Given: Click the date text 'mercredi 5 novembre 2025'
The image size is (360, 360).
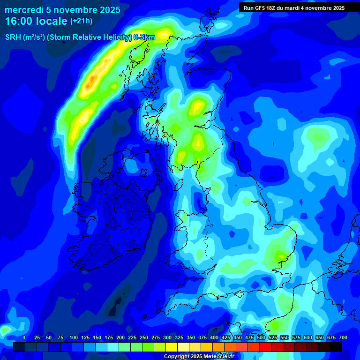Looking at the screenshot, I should tap(62, 10).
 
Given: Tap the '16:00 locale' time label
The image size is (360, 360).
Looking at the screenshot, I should tap(36, 21).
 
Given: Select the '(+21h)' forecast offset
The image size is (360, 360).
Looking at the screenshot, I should tap(81, 21).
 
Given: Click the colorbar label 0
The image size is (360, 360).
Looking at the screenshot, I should tap(24, 338).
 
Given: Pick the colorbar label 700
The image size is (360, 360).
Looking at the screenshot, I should tap(343, 338).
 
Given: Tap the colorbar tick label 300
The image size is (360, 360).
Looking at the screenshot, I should tap(167, 338).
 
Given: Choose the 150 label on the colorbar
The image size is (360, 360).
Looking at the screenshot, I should tap(97, 338).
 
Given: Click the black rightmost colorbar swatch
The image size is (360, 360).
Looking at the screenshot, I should tap(336, 347).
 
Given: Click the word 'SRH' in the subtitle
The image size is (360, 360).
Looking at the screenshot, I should tap(13, 37).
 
